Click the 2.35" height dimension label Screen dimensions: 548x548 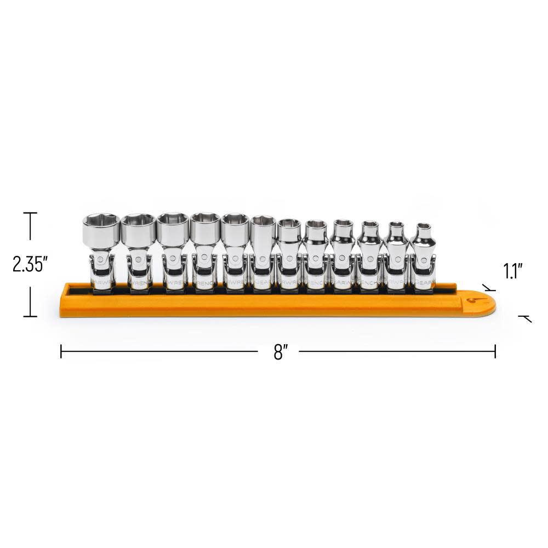pyautogui.click(x=31, y=265)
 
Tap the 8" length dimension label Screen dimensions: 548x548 pyautogui.click(x=281, y=351)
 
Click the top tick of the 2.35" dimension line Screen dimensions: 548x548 pyautogui.click(x=30, y=213)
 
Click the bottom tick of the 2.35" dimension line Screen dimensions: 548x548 pyautogui.click(x=30, y=316)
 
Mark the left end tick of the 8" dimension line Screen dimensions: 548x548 pyautogui.click(x=61, y=351)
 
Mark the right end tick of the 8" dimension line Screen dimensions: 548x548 pyautogui.click(x=495, y=351)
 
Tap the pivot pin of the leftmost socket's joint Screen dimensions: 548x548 pyautogui.click(x=102, y=259)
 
